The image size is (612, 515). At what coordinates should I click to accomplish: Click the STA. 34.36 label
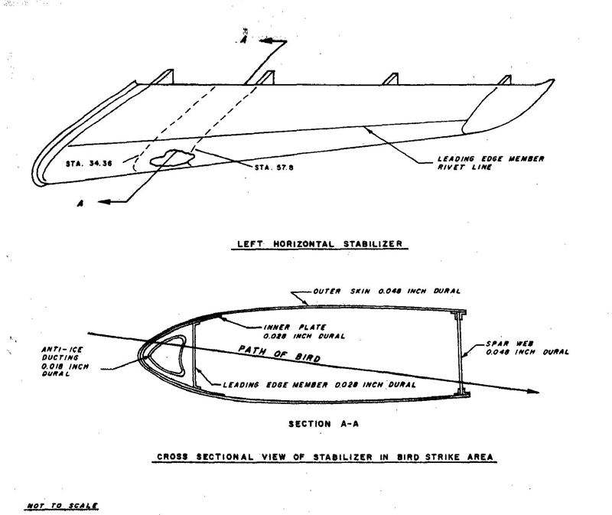pyautogui.click(x=89, y=163)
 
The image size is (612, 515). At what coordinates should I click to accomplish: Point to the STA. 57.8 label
pyautogui.click(x=274, y=168)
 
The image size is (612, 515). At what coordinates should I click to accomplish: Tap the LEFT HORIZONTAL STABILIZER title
pyautogui.click(x=320, y=244)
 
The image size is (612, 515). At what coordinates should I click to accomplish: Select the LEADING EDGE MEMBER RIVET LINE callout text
pyautogui.click(x=490, y=163)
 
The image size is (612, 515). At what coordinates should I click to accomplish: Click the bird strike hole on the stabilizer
pyautogui.click(x=172, y=158)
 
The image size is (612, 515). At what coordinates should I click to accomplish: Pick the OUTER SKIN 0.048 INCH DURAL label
pyautogui.click(x=387, y=292)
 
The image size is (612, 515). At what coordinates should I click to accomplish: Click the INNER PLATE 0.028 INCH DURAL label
pyautogui.click(x=304, y=331)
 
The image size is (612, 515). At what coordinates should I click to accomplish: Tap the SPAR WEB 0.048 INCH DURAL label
pyautogui.click(x=527, y=348)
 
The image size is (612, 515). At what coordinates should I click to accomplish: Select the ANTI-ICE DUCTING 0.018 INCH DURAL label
pyautogui.click(x=65, y=361)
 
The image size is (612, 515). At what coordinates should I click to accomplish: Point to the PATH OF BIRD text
pyautogui.click(x=279, y=354)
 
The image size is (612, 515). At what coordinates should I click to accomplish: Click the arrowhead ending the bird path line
pyautogui.click(x=533, y=391)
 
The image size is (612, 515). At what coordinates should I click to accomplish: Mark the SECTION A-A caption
pyautogui.click(x=324, y=424)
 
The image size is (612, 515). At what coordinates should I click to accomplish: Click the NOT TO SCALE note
pyautogui.click(x=62, y=506)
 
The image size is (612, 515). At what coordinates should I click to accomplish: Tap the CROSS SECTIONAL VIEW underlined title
pyautogui.click(x=324, y=457)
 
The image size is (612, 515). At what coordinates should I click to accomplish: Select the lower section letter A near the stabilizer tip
pyautogui.click(x=80, y=204)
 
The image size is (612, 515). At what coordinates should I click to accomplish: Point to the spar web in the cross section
pyautogui.click(x=460, y=353)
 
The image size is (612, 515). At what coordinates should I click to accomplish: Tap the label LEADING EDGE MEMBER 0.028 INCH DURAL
pyautogui.click(x=319, y=385)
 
